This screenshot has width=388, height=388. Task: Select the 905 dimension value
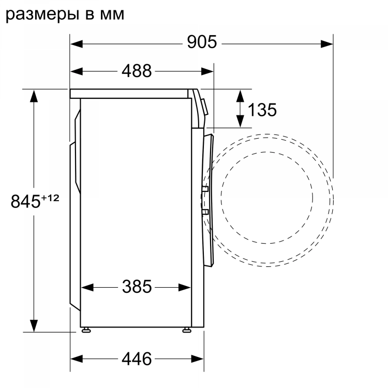tap(202, 42)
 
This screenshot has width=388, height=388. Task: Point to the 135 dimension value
tap(262, 109)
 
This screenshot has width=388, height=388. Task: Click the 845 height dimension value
tap(26, 202)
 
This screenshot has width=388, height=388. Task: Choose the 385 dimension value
tap(137, 286)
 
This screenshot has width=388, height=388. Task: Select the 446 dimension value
tap(137, 358)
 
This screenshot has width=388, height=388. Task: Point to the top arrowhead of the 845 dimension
tap(34, 95)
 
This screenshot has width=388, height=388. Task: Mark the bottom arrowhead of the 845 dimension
tap(34, 326)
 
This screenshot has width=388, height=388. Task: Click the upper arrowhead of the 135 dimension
tap(241, 95)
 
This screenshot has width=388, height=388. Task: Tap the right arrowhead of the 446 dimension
tap(198, 359)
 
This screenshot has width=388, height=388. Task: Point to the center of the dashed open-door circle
tap(267, 197)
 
